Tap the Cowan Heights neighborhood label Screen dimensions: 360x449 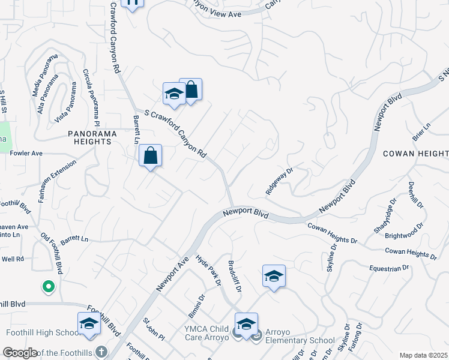[x=415, y=154]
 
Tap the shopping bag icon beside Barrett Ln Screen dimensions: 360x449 [x=151, y=156]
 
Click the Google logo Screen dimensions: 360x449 [x=20, y=353]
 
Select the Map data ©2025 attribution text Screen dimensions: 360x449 [x=423, y=355]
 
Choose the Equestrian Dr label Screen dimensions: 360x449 [x=389, y=268]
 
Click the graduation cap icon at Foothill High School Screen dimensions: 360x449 [x=89, y=323]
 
